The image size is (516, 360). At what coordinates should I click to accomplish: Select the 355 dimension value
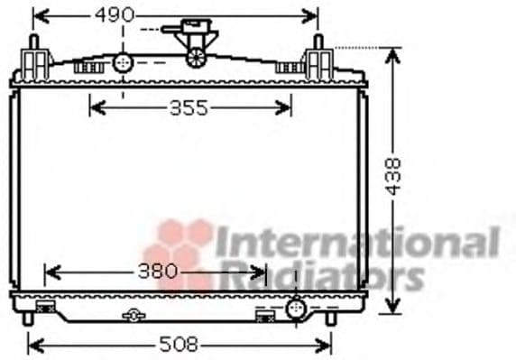(189, 108)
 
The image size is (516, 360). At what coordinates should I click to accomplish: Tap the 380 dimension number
(158, 272)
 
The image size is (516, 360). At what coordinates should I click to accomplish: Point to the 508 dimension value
(179, 345)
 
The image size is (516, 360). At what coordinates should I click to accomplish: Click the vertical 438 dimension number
(393, 177)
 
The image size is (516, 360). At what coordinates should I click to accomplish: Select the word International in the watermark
(358, 241)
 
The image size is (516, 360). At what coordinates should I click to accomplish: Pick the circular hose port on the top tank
(123, 62)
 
